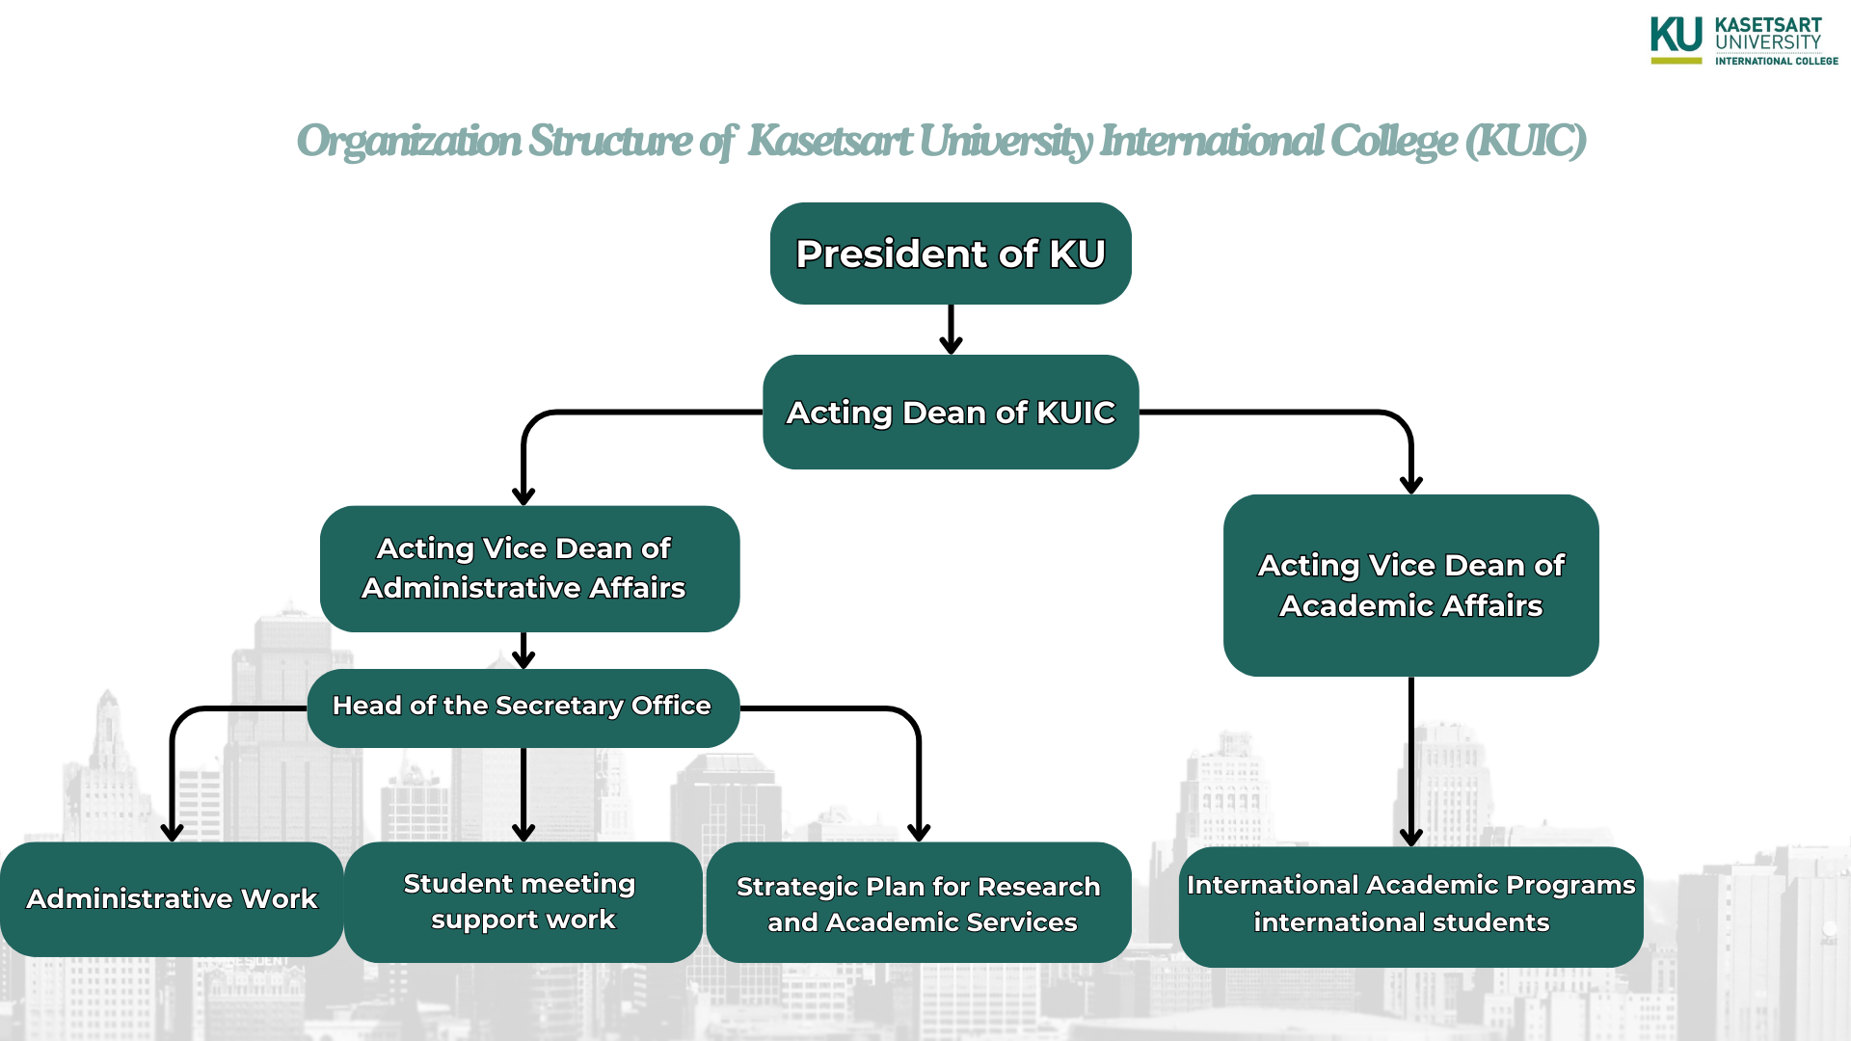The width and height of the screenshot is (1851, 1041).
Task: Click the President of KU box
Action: [x=951, y=254]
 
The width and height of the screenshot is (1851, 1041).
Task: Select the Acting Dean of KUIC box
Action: [x=951, y=413]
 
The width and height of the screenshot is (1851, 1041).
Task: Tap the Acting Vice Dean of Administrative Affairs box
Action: [x=529, y=569]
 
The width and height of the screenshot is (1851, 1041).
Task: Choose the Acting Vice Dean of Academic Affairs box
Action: [x=1410, y=585]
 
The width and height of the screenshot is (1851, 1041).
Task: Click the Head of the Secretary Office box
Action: [x=523, y=707]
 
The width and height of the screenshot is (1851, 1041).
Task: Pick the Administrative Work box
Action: [x=172, y=899]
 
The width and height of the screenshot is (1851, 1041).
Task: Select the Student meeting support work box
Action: [x=523, y=902]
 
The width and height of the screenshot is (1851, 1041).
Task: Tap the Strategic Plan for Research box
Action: [x=919, y=903]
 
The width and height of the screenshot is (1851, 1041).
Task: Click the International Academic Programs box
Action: [x=1410, y=906]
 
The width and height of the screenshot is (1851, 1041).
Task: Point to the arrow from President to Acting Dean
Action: [x=951, y=330]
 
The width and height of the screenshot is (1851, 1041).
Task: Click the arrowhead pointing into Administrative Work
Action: [x=172, y=832]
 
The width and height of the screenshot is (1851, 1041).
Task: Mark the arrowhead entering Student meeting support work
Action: [x=523, y=832]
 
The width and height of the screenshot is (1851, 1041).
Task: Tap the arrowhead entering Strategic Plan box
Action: [x=919, y=832]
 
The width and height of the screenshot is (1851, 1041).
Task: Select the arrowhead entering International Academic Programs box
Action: [x=1410, y=836]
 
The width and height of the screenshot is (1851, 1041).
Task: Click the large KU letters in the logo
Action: [x=1677, y=36]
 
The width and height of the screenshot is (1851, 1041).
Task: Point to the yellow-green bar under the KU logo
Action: [x=1677, y=61]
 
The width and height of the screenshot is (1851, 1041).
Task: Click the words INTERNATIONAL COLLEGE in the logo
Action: [x=1776, y=61]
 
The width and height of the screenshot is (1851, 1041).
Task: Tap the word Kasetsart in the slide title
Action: [x=830, y=142]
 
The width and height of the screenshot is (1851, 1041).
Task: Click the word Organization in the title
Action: [x=409, y=142]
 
